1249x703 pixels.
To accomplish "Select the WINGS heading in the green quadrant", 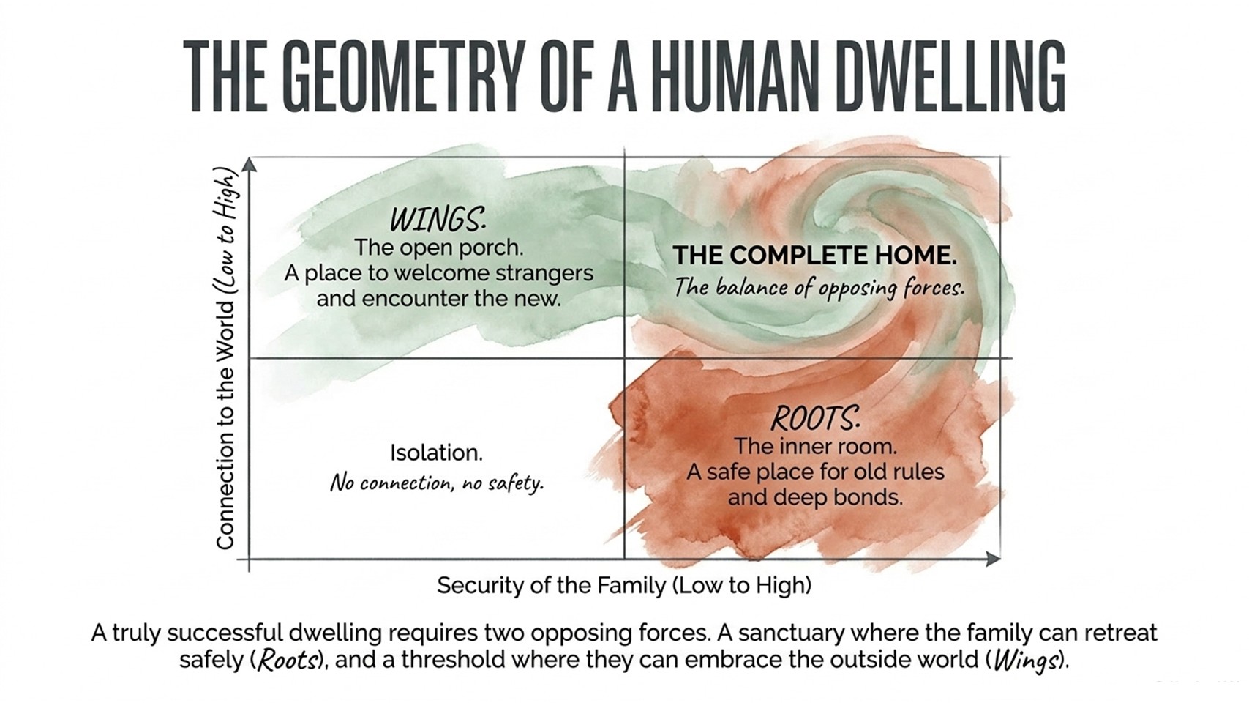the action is coord(438,219).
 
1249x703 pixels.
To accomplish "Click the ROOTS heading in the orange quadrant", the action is coord(815,418).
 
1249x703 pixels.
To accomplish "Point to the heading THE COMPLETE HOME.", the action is coord(814,256).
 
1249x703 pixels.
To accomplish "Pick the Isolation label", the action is coord(436,453).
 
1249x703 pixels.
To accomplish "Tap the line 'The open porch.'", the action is coord(439,248).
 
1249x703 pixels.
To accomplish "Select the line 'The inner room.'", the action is coord(815,447).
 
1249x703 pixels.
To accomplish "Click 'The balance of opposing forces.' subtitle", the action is coord(819,288).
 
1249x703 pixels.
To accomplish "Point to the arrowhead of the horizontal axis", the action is coord(994,559).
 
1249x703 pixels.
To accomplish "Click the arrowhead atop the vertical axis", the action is coord(250,165).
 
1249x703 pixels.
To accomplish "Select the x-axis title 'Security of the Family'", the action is coord(551,585).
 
